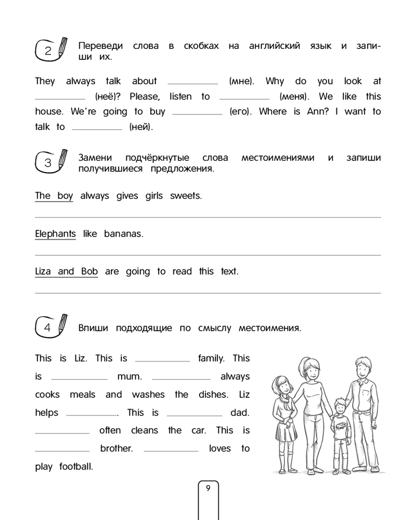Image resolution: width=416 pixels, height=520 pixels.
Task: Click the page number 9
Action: click(208, 488)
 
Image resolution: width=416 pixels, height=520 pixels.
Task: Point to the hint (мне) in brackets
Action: click(240, 81)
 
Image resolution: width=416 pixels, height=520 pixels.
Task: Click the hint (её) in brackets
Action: click(109, 96)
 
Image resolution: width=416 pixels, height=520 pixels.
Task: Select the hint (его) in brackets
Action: click(240, 111)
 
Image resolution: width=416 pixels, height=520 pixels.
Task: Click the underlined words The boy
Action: click(54, 196)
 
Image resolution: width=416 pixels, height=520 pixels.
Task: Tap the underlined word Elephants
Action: click(55, 234)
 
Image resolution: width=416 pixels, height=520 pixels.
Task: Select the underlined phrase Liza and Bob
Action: click(66, 271)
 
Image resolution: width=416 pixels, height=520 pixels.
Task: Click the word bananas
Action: click(123, 234)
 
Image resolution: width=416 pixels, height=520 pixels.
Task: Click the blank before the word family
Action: click(162, 359)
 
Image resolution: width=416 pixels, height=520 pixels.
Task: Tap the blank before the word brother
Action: click(62, 449)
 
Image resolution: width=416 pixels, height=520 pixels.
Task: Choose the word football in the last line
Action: click(76, 466)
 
